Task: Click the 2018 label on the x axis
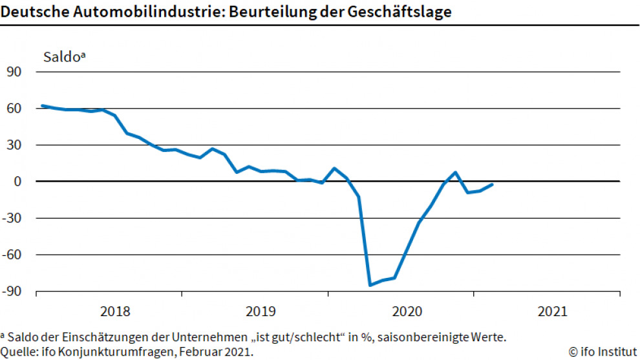tap(115, 312)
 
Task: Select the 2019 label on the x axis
tap(261, 312)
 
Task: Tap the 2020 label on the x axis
tap(406, 312)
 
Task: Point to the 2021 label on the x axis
tap(551, 312)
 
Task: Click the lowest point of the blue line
tap(370, 284)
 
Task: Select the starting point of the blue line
tap(42, 105)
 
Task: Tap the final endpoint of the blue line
tap(493, 184)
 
